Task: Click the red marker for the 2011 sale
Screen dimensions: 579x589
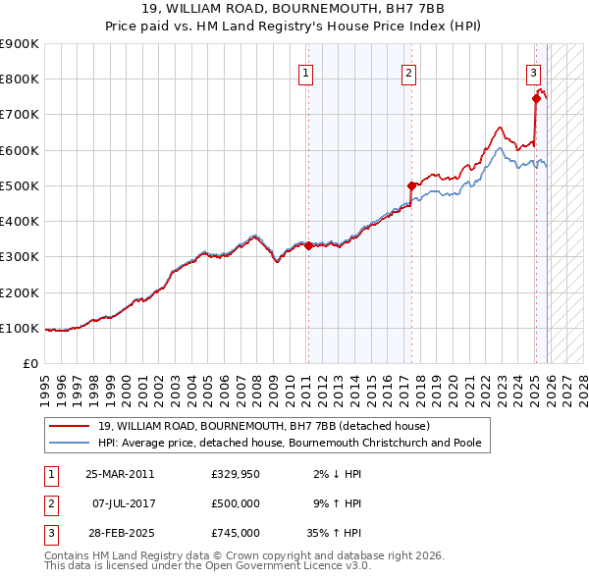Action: [x=307, y=246]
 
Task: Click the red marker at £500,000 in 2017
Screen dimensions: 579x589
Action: [x=411, y=184]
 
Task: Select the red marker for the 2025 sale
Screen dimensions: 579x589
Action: [x=536, y=98]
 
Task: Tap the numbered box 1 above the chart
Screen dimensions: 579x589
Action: [x=305, y=72]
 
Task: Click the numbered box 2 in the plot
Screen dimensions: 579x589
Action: [x=408, y=72]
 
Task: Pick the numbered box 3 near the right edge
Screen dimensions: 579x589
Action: [x=533, y=72]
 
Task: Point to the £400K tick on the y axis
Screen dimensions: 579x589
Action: [x=20, y=221]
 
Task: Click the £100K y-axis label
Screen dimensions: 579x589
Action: [x=20, y=328]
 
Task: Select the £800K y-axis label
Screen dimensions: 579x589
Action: [x=20, y=79]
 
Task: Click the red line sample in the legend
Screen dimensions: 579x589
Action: [x=70, y=426]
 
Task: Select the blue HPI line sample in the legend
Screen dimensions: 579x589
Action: [x=70, y=443]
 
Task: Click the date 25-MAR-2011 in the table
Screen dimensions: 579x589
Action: [x=120, y=474]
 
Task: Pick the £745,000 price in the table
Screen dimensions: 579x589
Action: [x=235, y=533]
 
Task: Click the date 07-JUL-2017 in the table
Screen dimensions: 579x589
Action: [x=120, y=503]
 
